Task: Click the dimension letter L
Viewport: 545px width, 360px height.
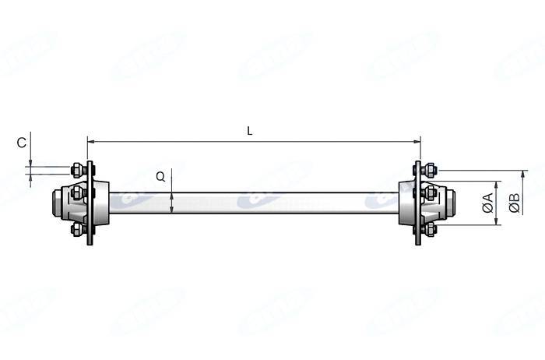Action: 250,132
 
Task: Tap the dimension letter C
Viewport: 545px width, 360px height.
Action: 22,143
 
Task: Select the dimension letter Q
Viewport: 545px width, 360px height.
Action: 160,177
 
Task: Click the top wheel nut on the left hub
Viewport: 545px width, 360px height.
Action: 77,169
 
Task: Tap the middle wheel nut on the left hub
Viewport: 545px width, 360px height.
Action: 77,192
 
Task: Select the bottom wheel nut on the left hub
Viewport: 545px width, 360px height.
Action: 77,229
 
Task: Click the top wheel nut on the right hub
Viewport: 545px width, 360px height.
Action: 430,169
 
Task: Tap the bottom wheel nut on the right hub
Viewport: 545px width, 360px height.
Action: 430,229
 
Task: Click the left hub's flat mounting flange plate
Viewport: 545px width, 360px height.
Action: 90,203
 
